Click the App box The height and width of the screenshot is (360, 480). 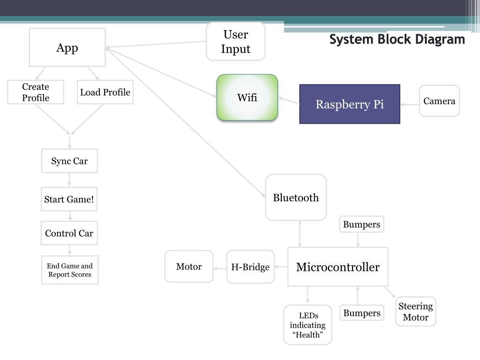tap(67, 47)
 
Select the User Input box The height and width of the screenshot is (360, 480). tap(236, 41)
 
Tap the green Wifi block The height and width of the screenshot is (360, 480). tap(247, 97)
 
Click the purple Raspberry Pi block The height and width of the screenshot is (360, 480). tap(350, 104)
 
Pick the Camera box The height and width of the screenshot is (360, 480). tap(439, 101)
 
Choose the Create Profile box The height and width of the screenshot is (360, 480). tap(36, 92)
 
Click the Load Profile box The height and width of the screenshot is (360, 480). tap(105, 92)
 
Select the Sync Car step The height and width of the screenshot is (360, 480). tap(69, 161)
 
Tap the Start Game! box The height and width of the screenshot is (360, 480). tap(69, 199)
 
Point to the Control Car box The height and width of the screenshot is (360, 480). tap(69, 233)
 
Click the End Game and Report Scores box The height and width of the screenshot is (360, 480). tap(70, 270)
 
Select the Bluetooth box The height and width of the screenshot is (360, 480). tap(296, 197)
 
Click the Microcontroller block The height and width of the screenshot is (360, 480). tap(338, 267)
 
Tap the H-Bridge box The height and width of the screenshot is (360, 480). tap(250, 267)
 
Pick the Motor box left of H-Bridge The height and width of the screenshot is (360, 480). tap(189, 266)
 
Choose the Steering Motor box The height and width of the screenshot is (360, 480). tap(416, 311)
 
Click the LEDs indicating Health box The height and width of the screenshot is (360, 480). tap(307, 325)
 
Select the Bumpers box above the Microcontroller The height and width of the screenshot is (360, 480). tap(361, 225)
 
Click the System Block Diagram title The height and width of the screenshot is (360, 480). tap(397, 39)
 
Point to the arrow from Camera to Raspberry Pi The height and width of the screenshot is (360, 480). tap(410, 105)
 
